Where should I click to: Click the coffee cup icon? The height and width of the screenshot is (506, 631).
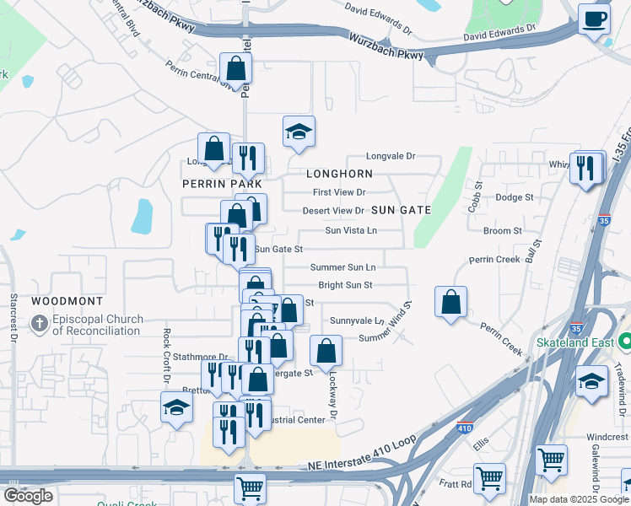[595, 19]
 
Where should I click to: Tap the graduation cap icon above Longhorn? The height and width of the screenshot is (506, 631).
[299, 132]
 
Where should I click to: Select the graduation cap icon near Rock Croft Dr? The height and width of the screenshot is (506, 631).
[176, 407]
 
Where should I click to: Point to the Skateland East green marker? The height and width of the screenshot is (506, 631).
[624, 343]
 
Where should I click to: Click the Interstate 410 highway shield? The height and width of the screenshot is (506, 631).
[464, 428]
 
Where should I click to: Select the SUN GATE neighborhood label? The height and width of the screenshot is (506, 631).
[402, 210]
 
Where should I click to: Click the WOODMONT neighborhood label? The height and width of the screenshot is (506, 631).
[67, 301]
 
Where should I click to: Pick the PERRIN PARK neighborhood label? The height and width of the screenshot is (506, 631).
[222, 183]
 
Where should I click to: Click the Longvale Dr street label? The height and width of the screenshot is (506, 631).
[391, 156]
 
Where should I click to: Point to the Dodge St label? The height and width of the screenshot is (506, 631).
[515, 197]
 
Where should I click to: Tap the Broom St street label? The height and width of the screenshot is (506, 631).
[503, 230]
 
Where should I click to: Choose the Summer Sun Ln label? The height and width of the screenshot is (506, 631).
[342, 267]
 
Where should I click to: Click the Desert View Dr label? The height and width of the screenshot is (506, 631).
[334, 211]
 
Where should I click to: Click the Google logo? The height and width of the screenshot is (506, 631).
[28, 496]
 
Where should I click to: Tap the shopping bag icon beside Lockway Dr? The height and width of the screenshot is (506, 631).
[326, 351]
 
